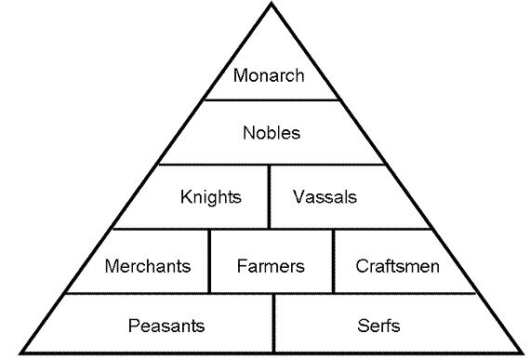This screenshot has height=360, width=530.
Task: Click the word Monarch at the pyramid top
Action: (269, 75)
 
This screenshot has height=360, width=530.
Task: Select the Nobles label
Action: (271, 132)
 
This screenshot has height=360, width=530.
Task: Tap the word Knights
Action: (211, 196)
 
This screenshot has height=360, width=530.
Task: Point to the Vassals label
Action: (325, 196)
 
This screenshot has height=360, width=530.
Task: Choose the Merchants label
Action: (148, 266)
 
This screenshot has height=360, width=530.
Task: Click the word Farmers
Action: (271, 266)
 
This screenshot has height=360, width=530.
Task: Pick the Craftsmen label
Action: (397, 266)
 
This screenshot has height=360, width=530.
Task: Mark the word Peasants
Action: (166, 326)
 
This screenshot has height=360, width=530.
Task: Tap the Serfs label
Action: (378, 326)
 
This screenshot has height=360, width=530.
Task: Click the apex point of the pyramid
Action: (271, 5)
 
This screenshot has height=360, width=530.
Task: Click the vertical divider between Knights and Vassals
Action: (270, 196)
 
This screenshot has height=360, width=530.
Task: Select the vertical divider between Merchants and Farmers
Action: (210, 261)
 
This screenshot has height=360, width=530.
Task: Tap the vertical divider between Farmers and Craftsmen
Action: (333, 261)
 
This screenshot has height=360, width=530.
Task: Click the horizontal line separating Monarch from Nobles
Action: (271, 100)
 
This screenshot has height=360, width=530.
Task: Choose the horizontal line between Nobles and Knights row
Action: (271, 165)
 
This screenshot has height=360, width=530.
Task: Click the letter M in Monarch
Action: (240, 75)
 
